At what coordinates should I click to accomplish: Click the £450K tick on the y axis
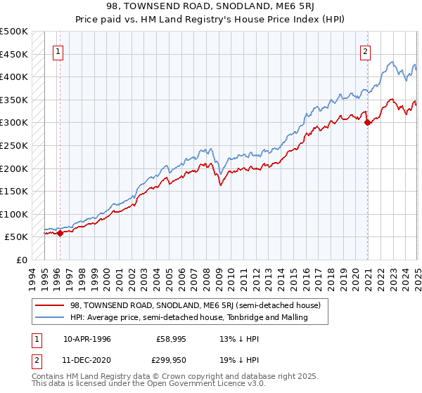coord(14,54)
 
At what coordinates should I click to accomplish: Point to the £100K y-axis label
coord(14,214)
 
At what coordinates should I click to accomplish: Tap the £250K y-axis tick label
coord(14,145)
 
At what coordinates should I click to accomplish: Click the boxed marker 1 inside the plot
coord(57,51)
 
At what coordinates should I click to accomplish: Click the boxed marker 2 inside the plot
coord(366,51)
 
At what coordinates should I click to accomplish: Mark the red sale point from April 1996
coord(60,233)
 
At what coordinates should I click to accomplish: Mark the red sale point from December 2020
coord(368,122)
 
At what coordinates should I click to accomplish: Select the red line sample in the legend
coord(50,305)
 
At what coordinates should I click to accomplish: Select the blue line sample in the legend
coord(50,317)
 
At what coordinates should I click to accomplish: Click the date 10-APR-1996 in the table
coord(87,338)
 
